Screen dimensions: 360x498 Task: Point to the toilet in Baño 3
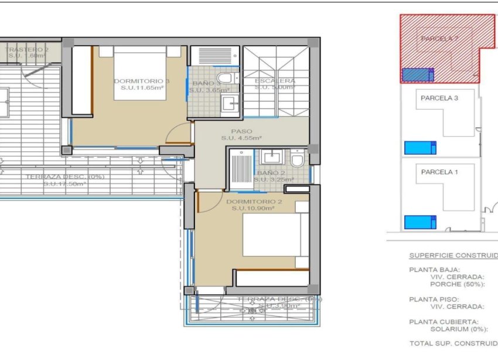click(x=225, y=78)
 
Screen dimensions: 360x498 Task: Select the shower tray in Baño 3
click(x=214, y=56)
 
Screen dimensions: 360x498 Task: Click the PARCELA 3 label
click(x=439, y=99)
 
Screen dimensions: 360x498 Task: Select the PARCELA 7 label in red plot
click(x=439, y=39)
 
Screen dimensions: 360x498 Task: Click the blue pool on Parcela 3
click(x=419, y=147)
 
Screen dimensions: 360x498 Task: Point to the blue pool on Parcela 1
click(x=419, y=222)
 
